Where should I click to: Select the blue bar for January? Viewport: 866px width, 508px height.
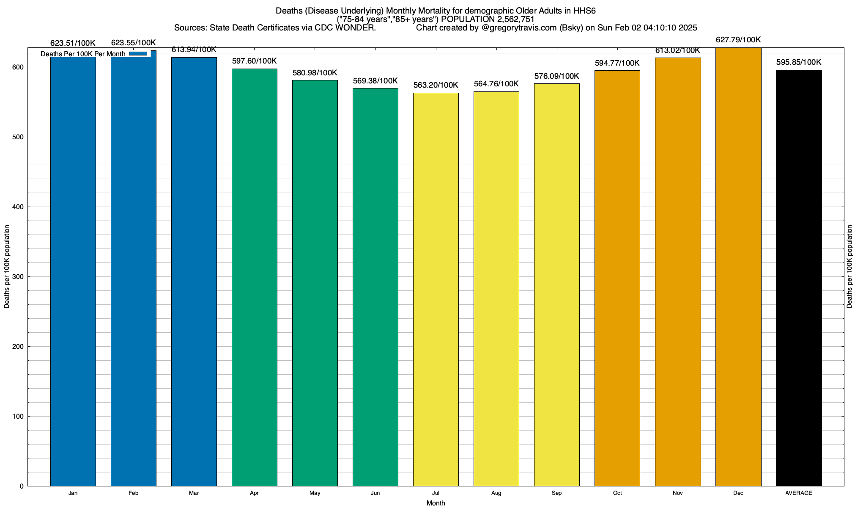coord(73,271)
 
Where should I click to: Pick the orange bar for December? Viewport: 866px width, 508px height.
coord(738,267)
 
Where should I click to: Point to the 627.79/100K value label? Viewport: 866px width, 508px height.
coord(738,40)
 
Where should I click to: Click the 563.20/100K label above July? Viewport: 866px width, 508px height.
coord(436,85)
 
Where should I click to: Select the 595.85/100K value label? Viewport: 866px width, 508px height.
coord(799,62)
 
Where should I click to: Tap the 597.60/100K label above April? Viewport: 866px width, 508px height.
coord(255,61)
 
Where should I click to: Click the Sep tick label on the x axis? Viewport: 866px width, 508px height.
coord(557,493)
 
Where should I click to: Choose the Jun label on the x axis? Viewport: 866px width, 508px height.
coord(375,493)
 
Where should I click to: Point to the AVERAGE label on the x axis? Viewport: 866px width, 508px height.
coord(799,493)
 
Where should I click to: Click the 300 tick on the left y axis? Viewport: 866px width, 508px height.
coord(18,277)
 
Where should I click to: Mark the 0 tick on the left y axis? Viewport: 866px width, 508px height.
coord(22,486)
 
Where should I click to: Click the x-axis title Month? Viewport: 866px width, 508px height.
coord(436,503)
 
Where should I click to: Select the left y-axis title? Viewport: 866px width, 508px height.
coord(7,267)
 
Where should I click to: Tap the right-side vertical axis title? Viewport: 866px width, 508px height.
coord(850,267)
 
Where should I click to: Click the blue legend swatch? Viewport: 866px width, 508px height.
coord(138,54)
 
